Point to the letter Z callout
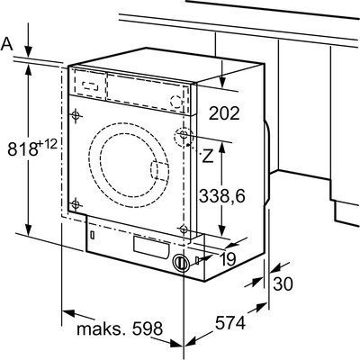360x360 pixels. point(207,155)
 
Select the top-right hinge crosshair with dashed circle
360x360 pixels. point(184,138)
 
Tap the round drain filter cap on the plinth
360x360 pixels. point(182,263)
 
